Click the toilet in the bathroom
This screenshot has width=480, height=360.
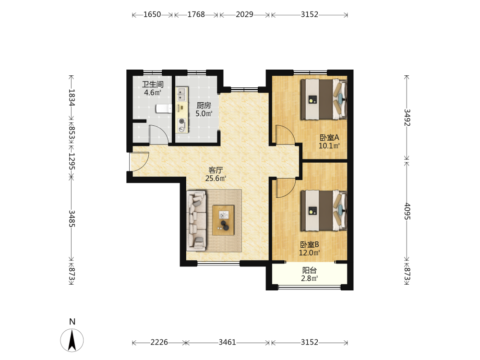tap(164, 108)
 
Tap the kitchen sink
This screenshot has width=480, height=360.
tap(182, 94)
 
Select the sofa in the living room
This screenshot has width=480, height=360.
tap(196, 220)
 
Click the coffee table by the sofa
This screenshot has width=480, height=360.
tap(224, 220)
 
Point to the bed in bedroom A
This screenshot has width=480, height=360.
tap(324, 99)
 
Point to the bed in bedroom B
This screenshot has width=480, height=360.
tap(324, 211)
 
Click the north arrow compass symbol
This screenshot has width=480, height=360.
tap(72, 340)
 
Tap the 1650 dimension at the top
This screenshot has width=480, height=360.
tap(152, 14)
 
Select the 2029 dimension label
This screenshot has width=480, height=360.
tap(244, 14)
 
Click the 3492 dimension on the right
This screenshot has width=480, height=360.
tap(407, 117)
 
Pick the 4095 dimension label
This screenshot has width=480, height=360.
tap(407, 211)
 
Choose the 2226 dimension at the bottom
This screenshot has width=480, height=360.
tap(159, 342)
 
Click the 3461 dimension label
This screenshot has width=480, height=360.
tap(227, 342)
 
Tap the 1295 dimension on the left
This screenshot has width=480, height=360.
tap(72, 161)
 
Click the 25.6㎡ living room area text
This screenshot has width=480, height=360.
tap(216, 179)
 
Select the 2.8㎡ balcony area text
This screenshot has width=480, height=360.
tap(310, 278)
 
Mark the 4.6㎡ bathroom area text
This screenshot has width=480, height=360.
tap(153, 93)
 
